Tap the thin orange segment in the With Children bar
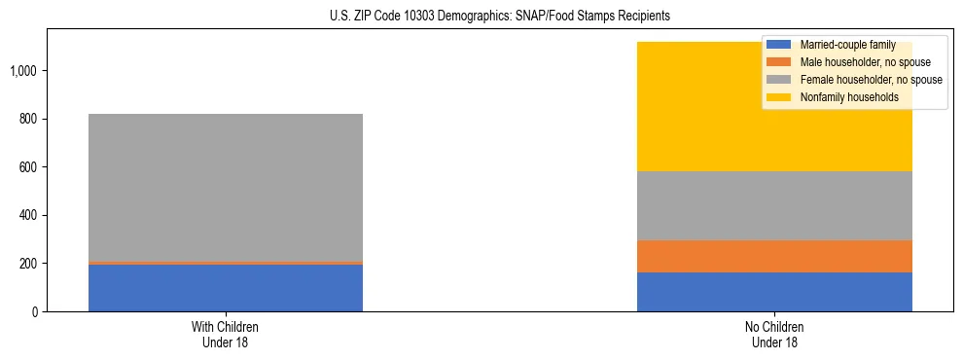pyautogui.click(x=225, y=263)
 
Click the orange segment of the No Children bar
pyautogui.click(x=774, y=256)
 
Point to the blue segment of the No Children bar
pyautogui.click(x=774, y=292)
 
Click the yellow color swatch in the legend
pyautogui.click(x=779, y=97)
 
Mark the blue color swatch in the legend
pyautogui.click(x=779, y=45)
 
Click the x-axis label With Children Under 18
pyautogui.click(x=225, y=334)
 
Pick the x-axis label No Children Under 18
pyautogui.click(x=774, y=334)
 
